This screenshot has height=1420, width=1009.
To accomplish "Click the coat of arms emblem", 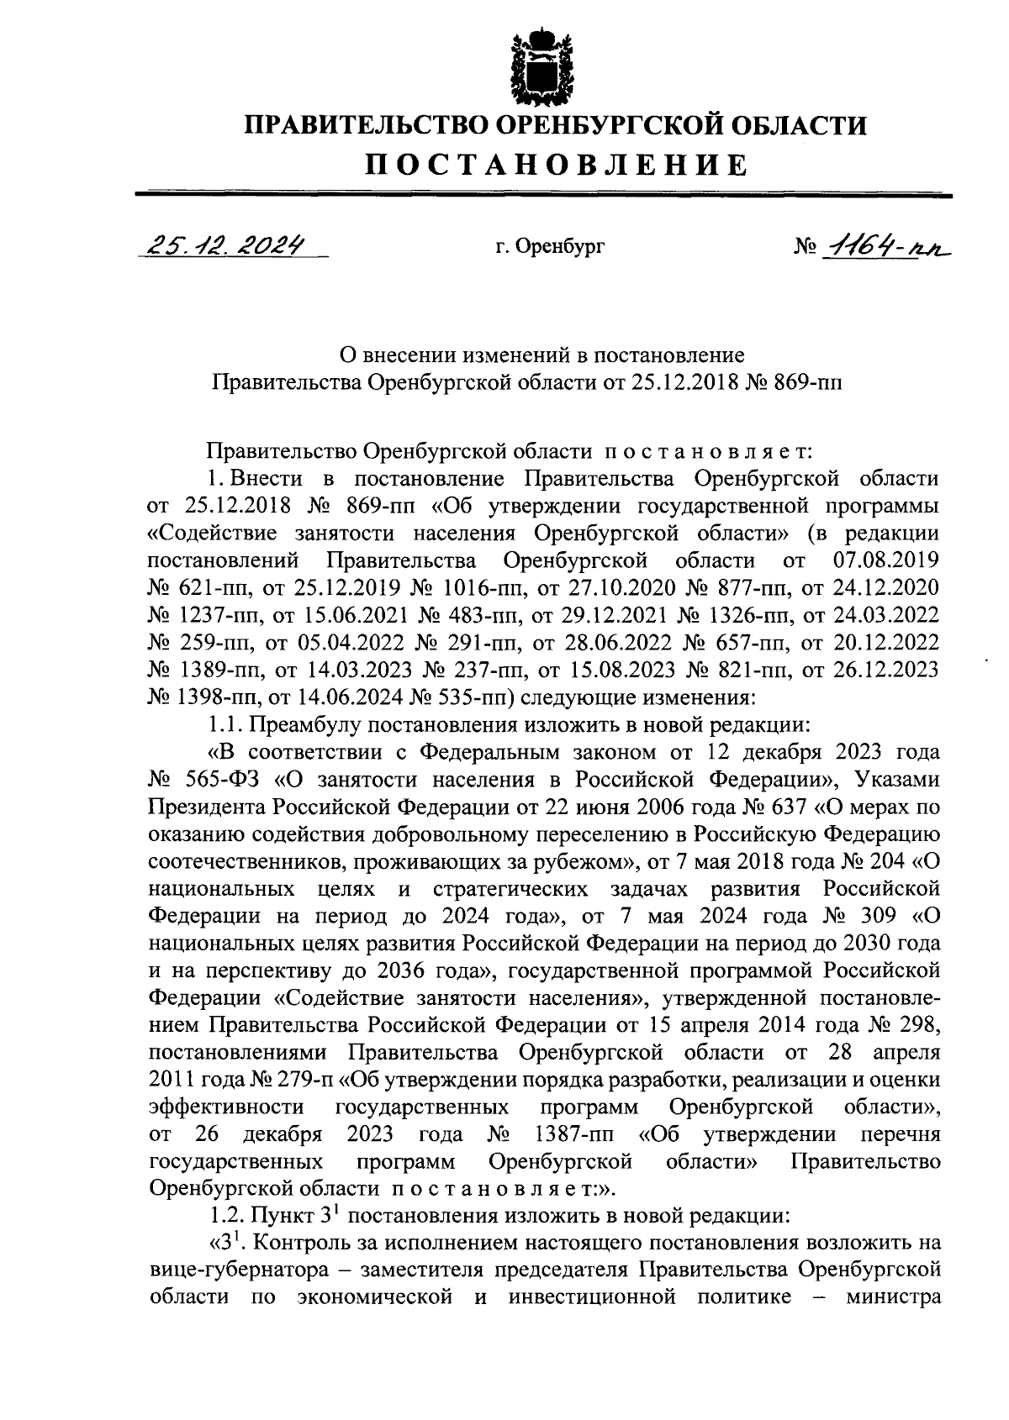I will click(541, 65).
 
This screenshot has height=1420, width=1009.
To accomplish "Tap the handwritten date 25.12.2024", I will click(225, 245).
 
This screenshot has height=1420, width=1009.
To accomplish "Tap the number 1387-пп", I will click(576, 1134).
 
